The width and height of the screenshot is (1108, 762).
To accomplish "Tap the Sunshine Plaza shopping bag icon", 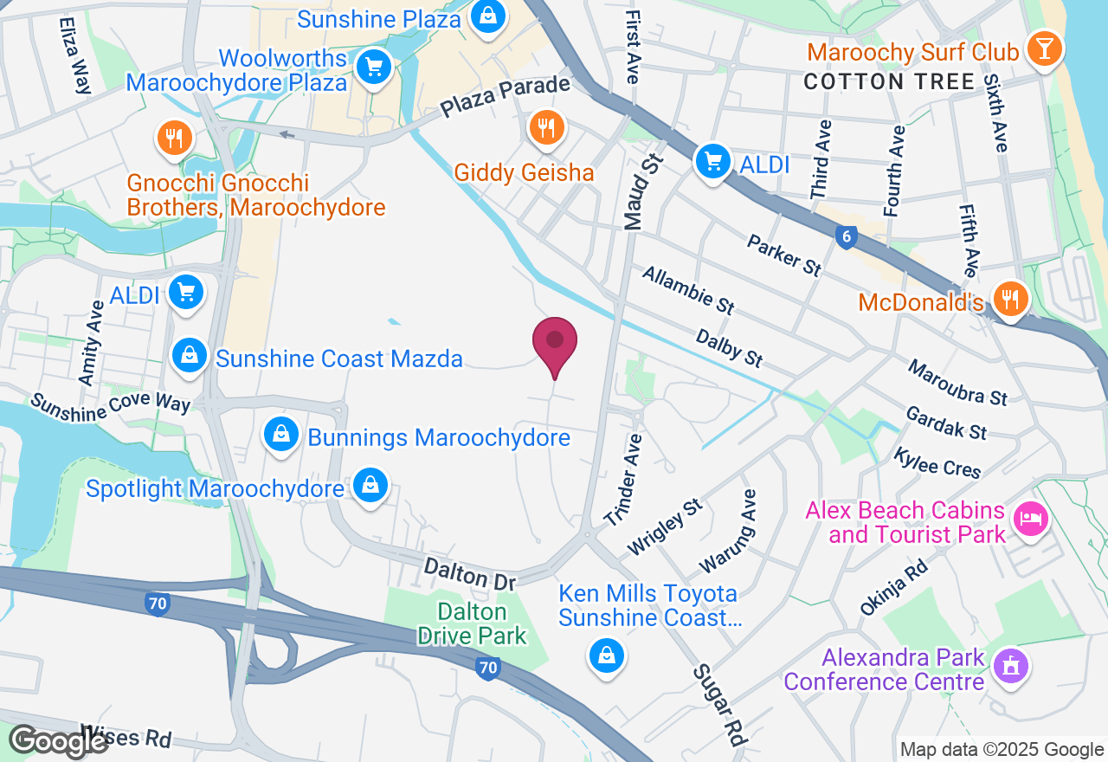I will (488, 16).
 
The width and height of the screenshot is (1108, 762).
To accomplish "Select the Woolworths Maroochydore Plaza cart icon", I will (374, 67).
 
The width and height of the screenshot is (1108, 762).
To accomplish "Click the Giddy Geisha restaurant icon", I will (545, 130).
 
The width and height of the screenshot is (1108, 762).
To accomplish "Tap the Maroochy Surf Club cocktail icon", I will (1044, 48).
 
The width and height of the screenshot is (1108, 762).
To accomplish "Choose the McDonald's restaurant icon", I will (1009, 299).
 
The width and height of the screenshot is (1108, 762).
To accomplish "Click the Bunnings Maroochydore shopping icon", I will (281, 435).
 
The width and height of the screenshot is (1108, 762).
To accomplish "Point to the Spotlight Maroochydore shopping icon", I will (370, 486).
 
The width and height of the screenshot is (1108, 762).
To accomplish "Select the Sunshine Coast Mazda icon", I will (188, 355).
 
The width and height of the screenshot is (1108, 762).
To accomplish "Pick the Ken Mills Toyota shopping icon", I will (606, 655).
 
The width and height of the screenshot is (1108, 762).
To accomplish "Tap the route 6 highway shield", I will (846, 236).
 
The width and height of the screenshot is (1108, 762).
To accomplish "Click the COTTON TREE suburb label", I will (889, 82).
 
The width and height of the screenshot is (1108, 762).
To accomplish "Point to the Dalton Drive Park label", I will (471, 623).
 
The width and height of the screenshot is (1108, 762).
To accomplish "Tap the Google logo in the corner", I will (58, 740).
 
